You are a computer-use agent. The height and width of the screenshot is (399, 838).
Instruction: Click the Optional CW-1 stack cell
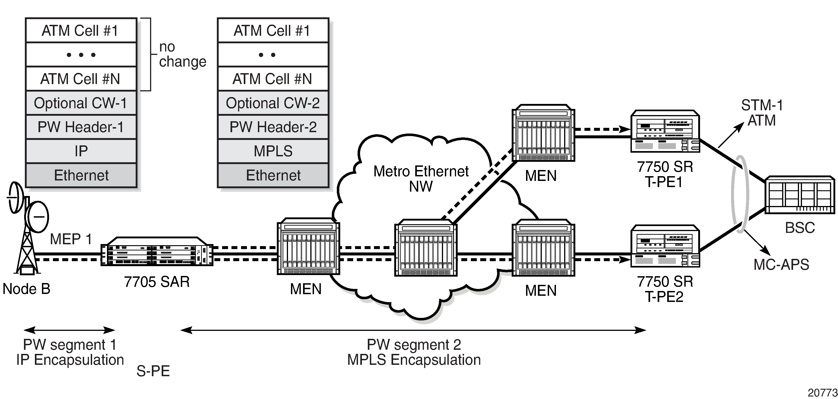click(81, 103)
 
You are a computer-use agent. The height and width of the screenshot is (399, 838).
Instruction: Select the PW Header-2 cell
click(273, 127)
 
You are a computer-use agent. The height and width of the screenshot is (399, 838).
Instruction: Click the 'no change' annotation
click(182, 54)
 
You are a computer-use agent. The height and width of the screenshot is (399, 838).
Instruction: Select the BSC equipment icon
click(799, 195)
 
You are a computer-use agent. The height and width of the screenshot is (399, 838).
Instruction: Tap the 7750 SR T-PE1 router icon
click(665, 132)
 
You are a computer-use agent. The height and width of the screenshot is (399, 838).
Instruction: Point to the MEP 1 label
click(71, 239)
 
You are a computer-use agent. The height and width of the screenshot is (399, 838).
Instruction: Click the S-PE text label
click(153, 371)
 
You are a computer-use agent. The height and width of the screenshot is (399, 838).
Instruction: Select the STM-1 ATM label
click(762, 113)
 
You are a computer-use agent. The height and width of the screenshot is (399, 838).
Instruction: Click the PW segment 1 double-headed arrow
click(69, 330)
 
